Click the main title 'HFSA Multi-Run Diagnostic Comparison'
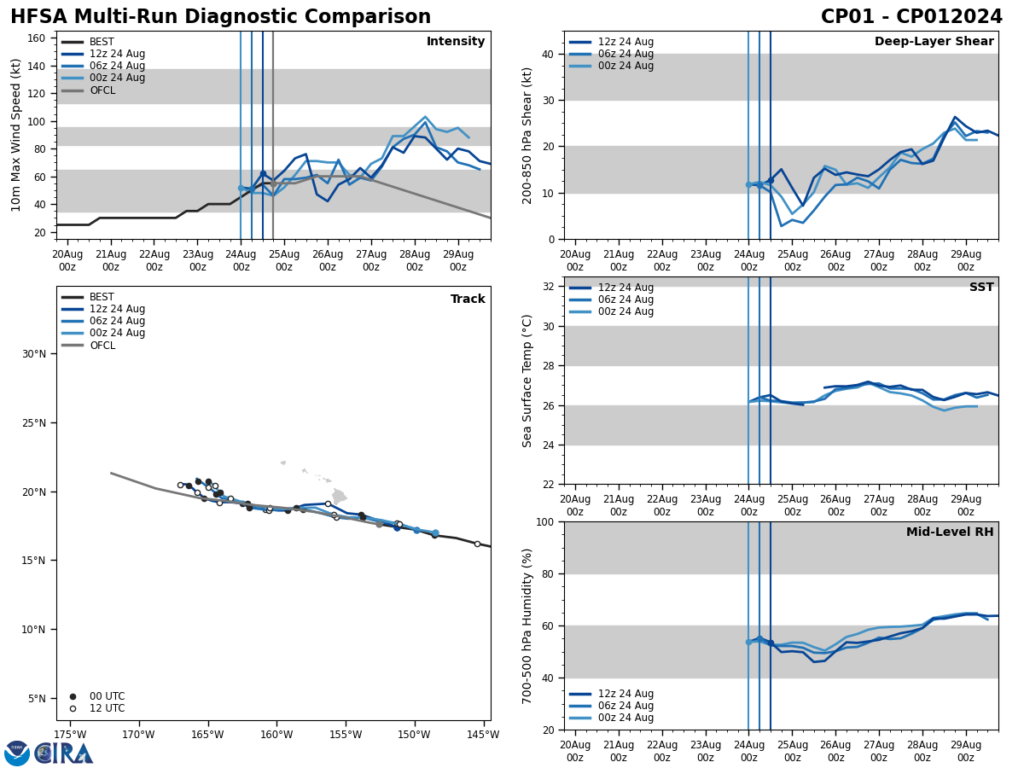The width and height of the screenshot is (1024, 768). click(x=220, y=17)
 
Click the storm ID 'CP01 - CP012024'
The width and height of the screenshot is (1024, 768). click(x=911, y=17)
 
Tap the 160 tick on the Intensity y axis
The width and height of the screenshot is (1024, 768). click(x=37, y=38)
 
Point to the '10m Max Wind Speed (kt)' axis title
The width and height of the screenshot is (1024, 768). click(x=16, y=135)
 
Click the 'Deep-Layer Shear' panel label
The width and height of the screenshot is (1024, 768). click(x=934, y=42)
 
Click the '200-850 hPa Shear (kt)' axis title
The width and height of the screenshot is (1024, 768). click(x=528, y=135)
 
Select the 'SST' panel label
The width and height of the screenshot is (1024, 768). click(x=980, y=288)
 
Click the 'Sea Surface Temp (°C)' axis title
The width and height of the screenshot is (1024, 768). click(x=528, y=381)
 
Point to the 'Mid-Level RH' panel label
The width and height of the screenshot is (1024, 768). click(x=950, y=532)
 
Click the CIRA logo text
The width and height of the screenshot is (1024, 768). click(x=64, y=753)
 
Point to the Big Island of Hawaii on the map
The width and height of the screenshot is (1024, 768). click(x=340, y=496)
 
